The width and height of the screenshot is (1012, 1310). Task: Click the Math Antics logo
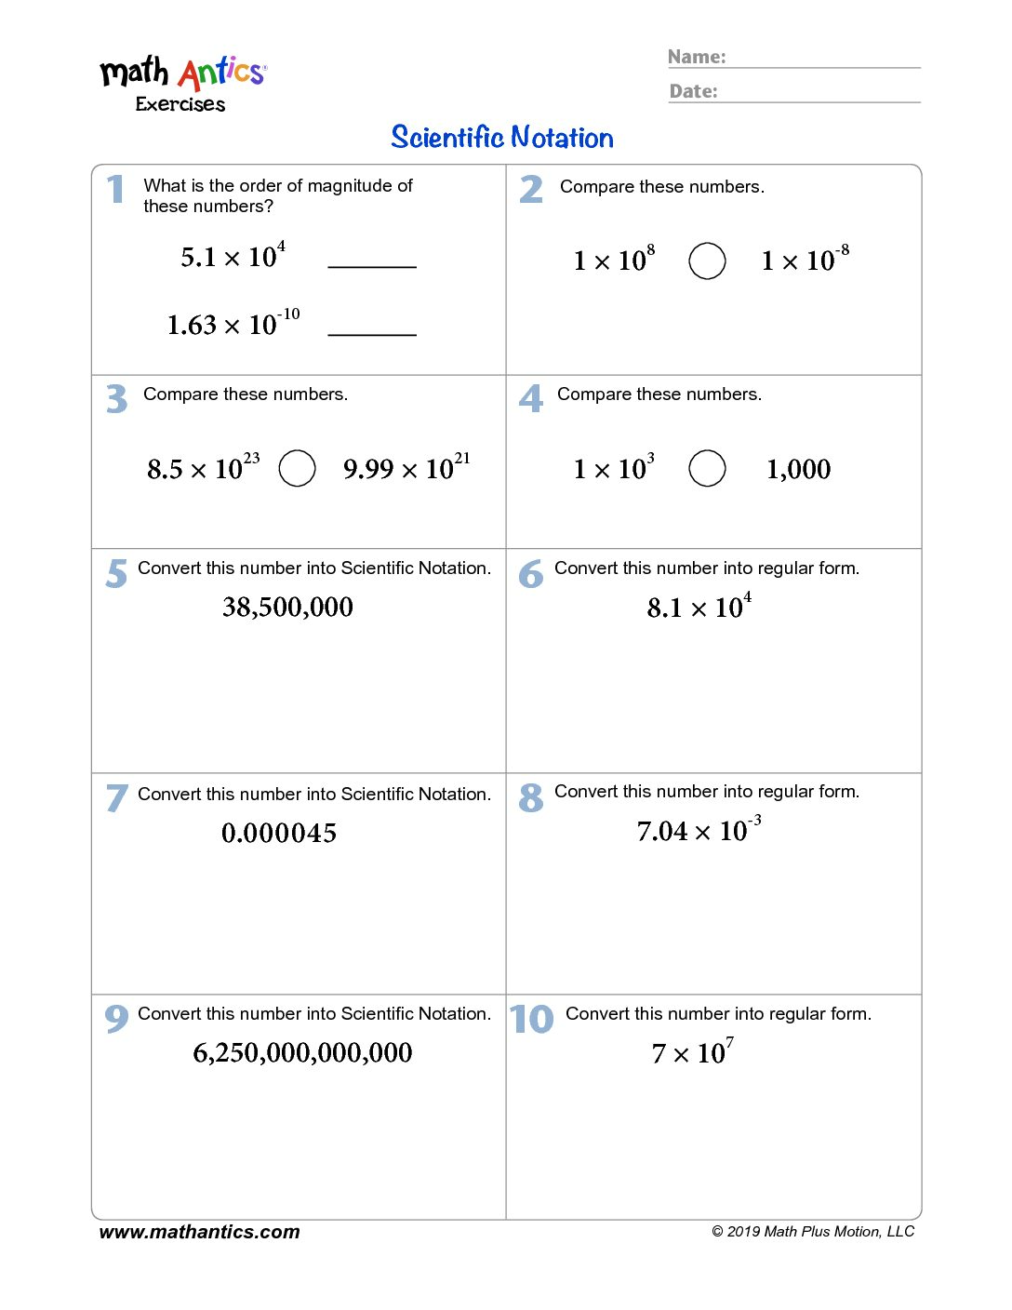pyautogui.click(x=182, y=82)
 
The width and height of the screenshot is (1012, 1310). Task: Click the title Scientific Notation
pyautogui.click(x=502, y=138)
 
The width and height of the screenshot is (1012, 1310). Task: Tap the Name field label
pyautogui.click(x=697, y=57)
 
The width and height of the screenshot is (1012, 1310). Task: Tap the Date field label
pyautogui.click(x=694, y=91)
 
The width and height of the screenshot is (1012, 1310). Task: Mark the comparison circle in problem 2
pyautogui.click(x=707, y=261)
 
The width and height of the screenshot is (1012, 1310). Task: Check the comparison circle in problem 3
pyautogui.click(x=298, y=468)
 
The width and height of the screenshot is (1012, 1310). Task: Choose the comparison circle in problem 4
pyautogui.click(x=707, y=468)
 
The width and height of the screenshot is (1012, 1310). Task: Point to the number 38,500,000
pyautogui.click(x=287, y=608)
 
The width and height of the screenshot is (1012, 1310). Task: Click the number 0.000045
pyautogui.click(x=279, y=833)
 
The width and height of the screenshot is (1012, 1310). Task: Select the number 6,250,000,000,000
pyautogui.click(x=302, y=1052)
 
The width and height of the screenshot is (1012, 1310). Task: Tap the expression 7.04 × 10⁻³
pyautogui.click(x=699, y=829)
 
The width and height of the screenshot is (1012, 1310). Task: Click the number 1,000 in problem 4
pyautogui.click(x=798, y=469)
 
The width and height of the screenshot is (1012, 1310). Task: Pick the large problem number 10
pyautogui.click(x=531, y=1019)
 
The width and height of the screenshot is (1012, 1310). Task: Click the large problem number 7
pyautogui.click(x=116, y=797)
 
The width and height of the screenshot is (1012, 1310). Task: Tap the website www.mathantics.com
pyautogui.click(x=199, y=1232)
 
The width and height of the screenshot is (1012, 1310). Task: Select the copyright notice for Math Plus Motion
pyautogui.click(x=813, y=1232)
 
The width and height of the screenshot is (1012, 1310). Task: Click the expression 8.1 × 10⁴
pyautogui.click(x=699, y=607)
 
